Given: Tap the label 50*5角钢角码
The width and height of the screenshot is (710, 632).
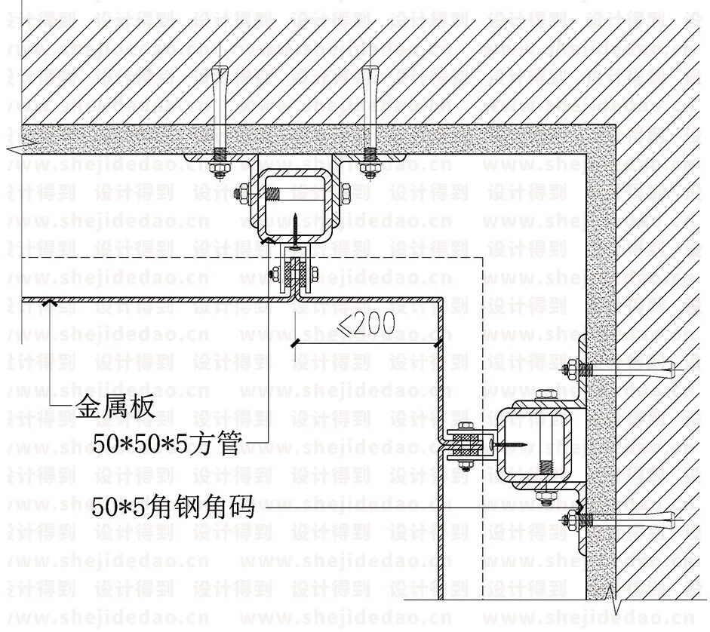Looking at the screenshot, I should [x=173, y=509].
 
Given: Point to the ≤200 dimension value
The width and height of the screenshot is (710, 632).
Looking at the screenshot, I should [x=366, y=324].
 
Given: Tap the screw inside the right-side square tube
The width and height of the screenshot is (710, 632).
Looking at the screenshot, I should [x=506, y=444].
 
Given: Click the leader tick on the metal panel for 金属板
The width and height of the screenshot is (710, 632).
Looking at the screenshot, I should [x=50, y=302].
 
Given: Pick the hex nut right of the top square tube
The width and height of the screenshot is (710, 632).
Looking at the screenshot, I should [x=347, y=194].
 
